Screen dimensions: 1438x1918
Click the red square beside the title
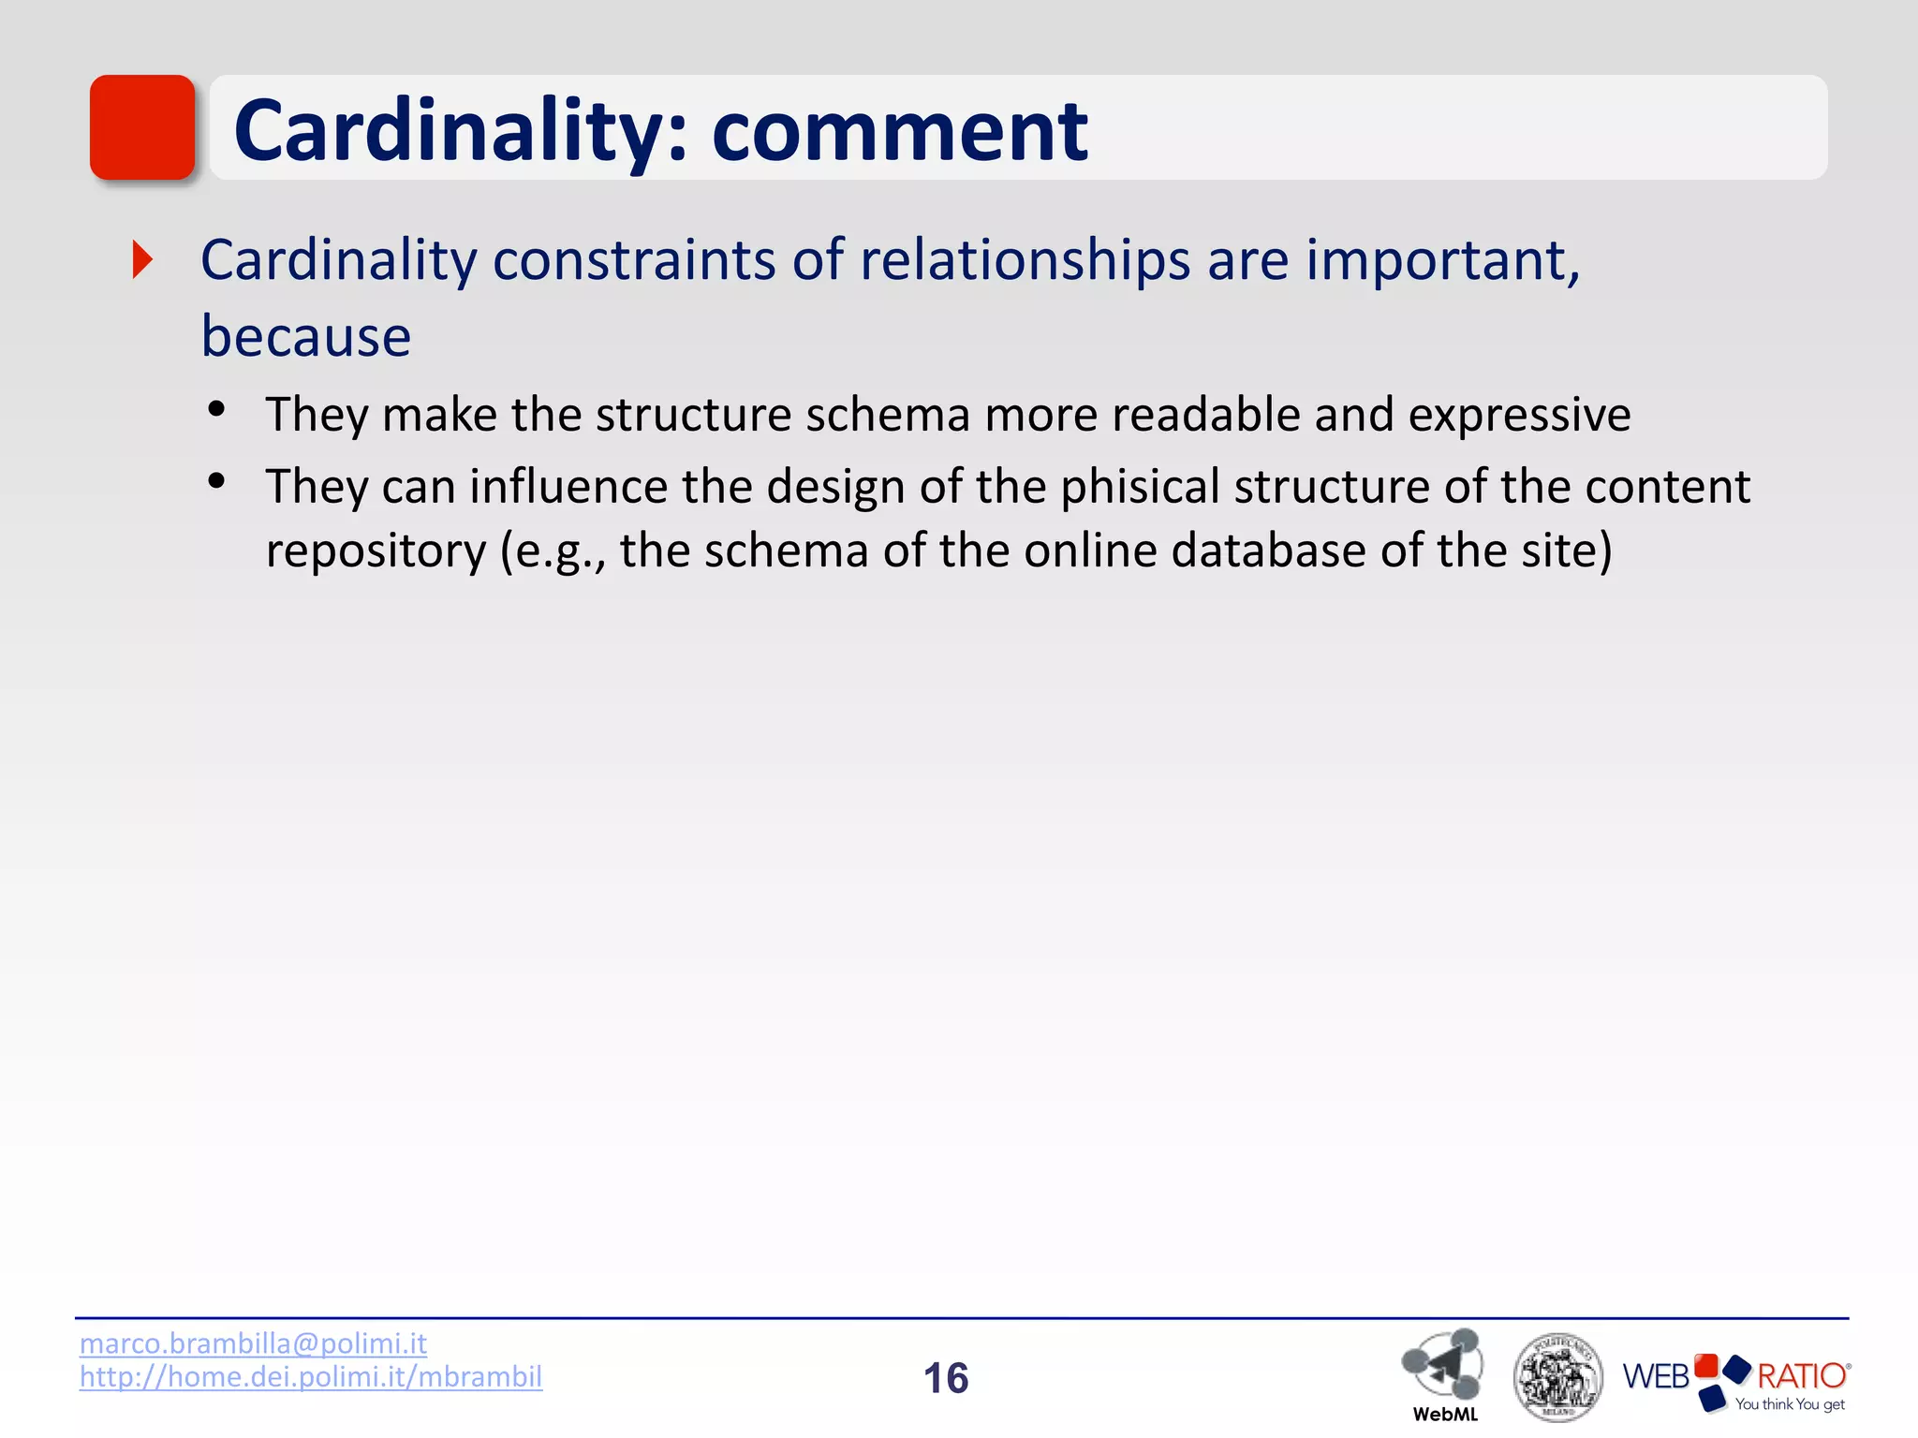pyautogui.click(x=142, y=127)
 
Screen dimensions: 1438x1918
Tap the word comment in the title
pyautogui.click(x=899, y=131)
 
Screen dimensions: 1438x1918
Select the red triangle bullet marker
pyautogui.click(x=142, y=259)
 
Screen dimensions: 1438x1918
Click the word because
pyautogui.click(x=306, y=336)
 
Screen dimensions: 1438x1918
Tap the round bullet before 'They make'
pyautogui.click(x=216, y=409)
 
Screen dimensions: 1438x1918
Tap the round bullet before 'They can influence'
pyautogui.click(x=216, y=481)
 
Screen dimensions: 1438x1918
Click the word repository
pyautogui.click(x=376, y=550)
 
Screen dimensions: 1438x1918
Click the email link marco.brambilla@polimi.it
pyautogui.click(x=253, y=1343)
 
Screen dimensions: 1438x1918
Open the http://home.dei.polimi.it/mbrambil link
pyautogui.click(x=311, y=1377)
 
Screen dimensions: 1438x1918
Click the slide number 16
pyautogui.click(x=946, y=1378)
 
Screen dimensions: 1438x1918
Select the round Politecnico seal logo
pyautogui.click(x=1557, y=1376)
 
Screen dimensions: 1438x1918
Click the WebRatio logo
pyautogui.click(x=1736, y=1380)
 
